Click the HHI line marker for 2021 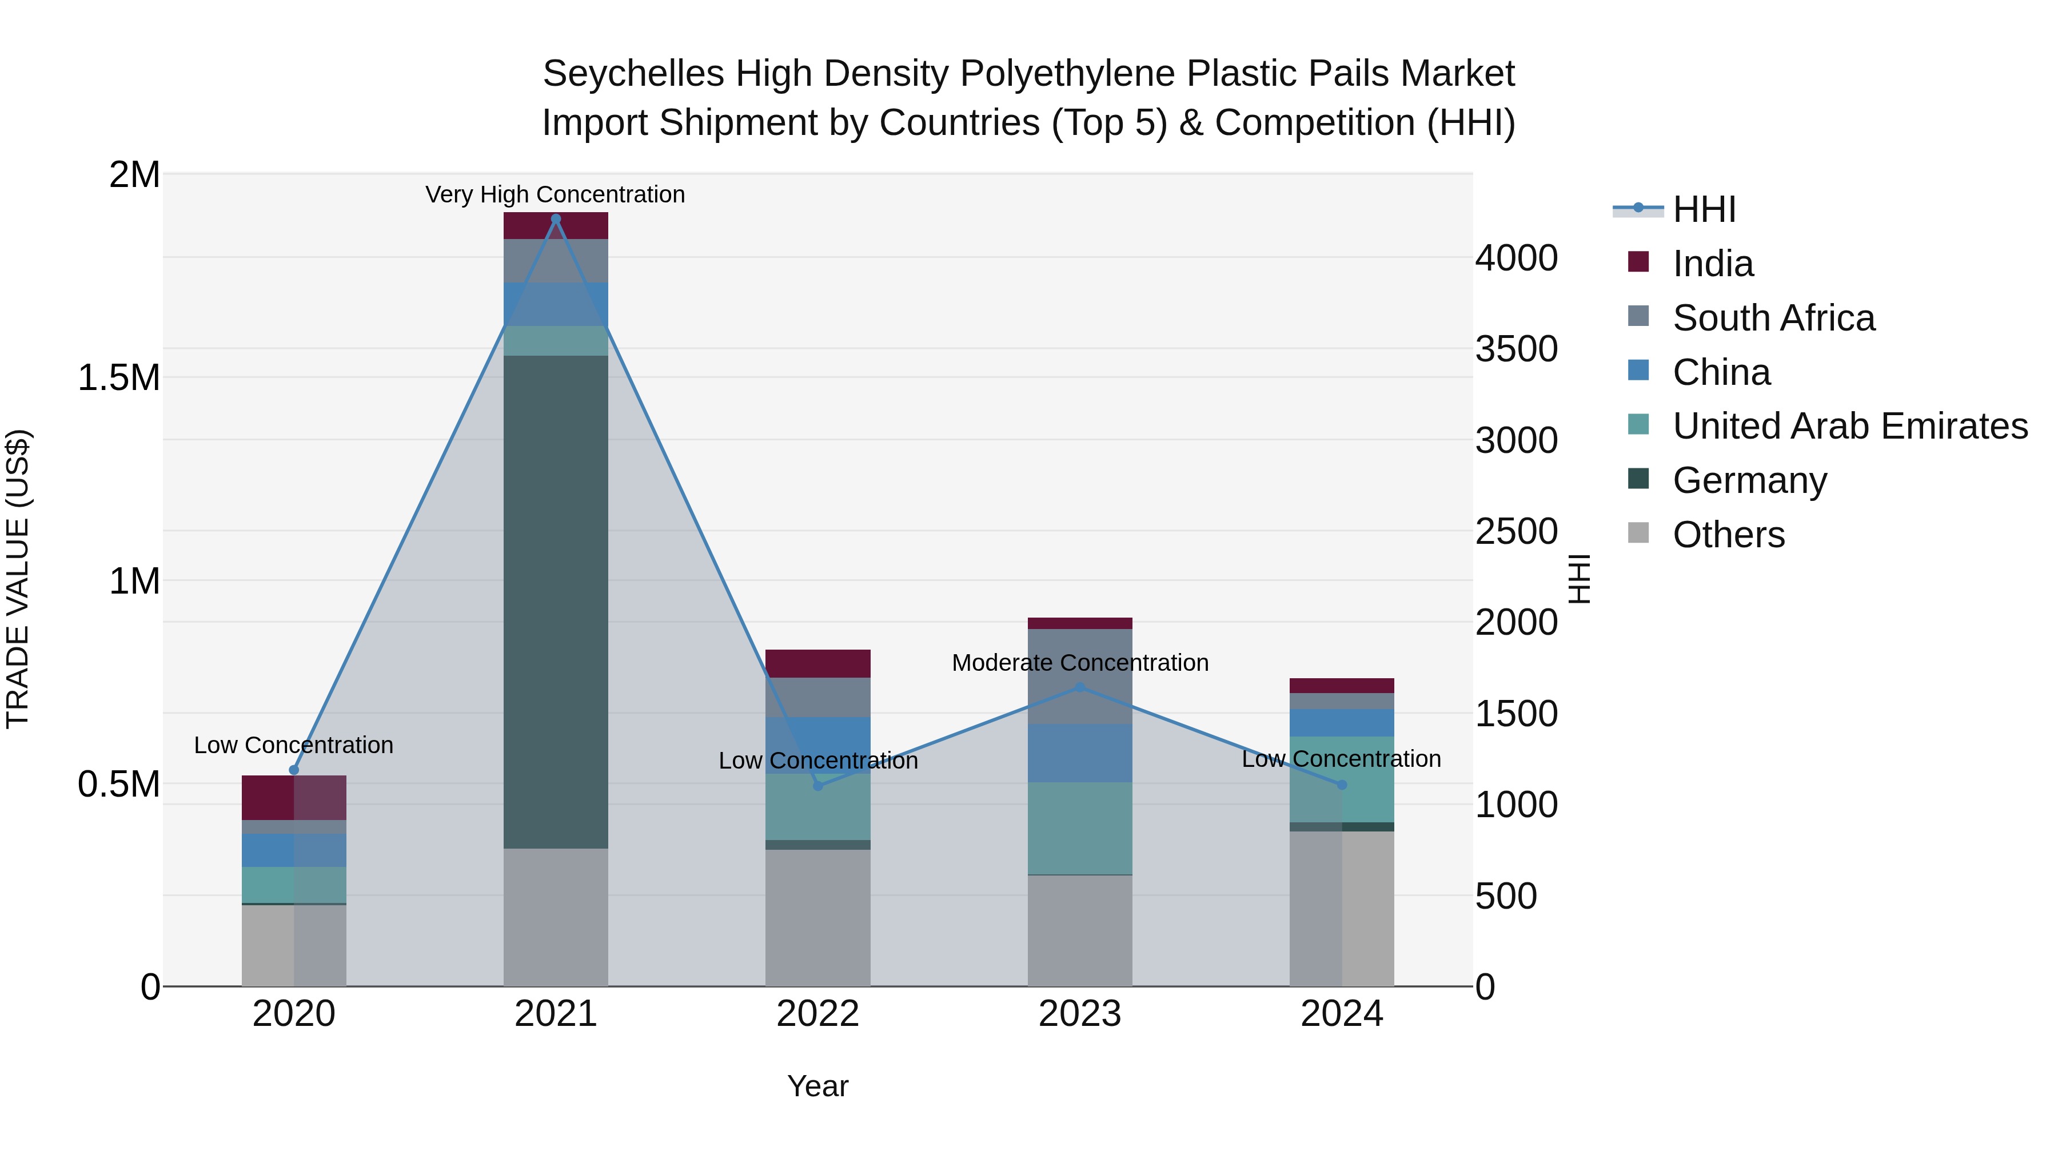pyautogui.click(x=556, y=219)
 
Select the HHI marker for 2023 pyautogui.click(x=1079, y=687)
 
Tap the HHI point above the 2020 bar pyautogui.click(x=294, y=770)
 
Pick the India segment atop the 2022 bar pyautogui.click(x=817, y=663)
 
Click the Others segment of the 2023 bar pyautogui.click(x=1079, y=930)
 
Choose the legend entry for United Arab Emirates pyautogui.click(x=1849, y=426)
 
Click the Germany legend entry pyautogui.click(x=1750, y=480)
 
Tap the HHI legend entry pyautogui.click(x=1704, y=209)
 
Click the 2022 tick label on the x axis pyautogui.click(x=817, y=1014)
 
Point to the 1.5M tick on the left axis pyautogui.click(x=119, y=377)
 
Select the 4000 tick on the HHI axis pyautogui.click(x=1515, y=258)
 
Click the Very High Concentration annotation pyautogui.click(x=555, y=194)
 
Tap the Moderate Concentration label pyautogui.click(x=1079, y=663)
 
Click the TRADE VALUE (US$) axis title pyautogui.click(x=18, y=579)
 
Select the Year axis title pyautogui.click(x=817, y=1086)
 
